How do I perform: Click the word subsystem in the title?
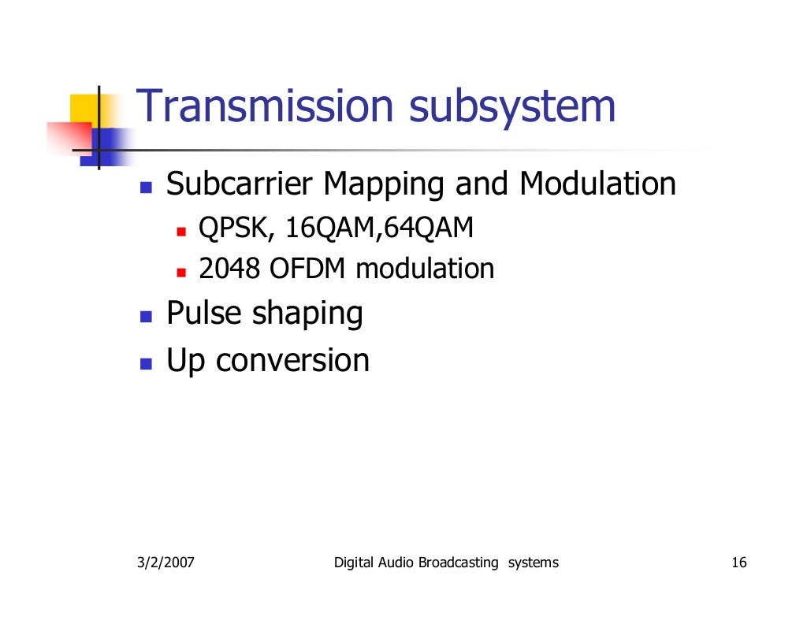[511, 107]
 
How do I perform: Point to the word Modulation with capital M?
[597, 185]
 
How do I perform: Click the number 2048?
[229, 269]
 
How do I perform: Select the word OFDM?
[308, 269]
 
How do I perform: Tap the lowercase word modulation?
[425, 269]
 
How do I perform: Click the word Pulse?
[204, 314]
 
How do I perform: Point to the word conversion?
[292, 361]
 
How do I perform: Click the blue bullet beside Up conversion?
[146, 363]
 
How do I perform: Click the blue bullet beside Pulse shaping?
[146, 317]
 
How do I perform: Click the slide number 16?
[738, 563]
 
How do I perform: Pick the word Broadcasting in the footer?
[458, 563]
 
